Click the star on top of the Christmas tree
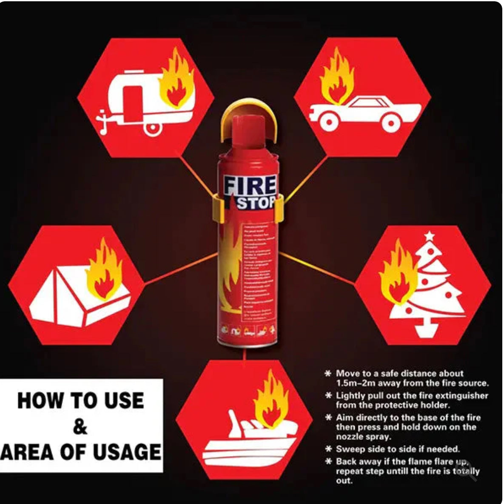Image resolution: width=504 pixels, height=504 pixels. (x=430, y=235)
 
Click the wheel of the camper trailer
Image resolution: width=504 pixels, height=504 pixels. (x=153, y=126)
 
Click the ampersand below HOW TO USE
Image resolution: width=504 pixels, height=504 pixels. (x=80, y=427)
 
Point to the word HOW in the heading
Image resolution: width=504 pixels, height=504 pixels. (x=37, y=401)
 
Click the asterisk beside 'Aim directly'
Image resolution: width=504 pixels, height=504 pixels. (x=328, y=417)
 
